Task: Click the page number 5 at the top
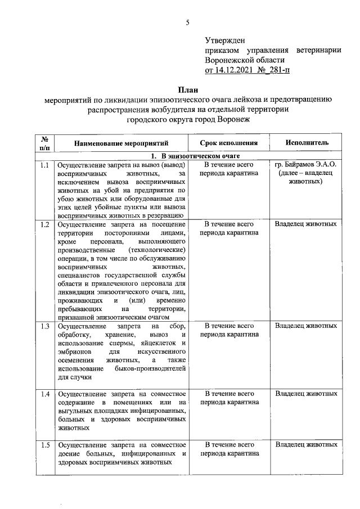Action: click(188, 23)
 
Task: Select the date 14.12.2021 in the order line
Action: click(237, 70)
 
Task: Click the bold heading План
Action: click(188, 89)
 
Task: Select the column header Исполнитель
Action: click(307, 143)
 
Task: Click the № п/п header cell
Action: click(45, 143)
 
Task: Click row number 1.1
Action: click(45, 165)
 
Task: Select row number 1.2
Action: click(45, 224)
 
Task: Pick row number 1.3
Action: click(45, 326)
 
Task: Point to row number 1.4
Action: click(45, 393)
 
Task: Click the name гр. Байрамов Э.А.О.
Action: click(305, 165)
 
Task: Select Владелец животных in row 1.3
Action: click(305, 326)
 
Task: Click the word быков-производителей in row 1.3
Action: click(154, 368)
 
